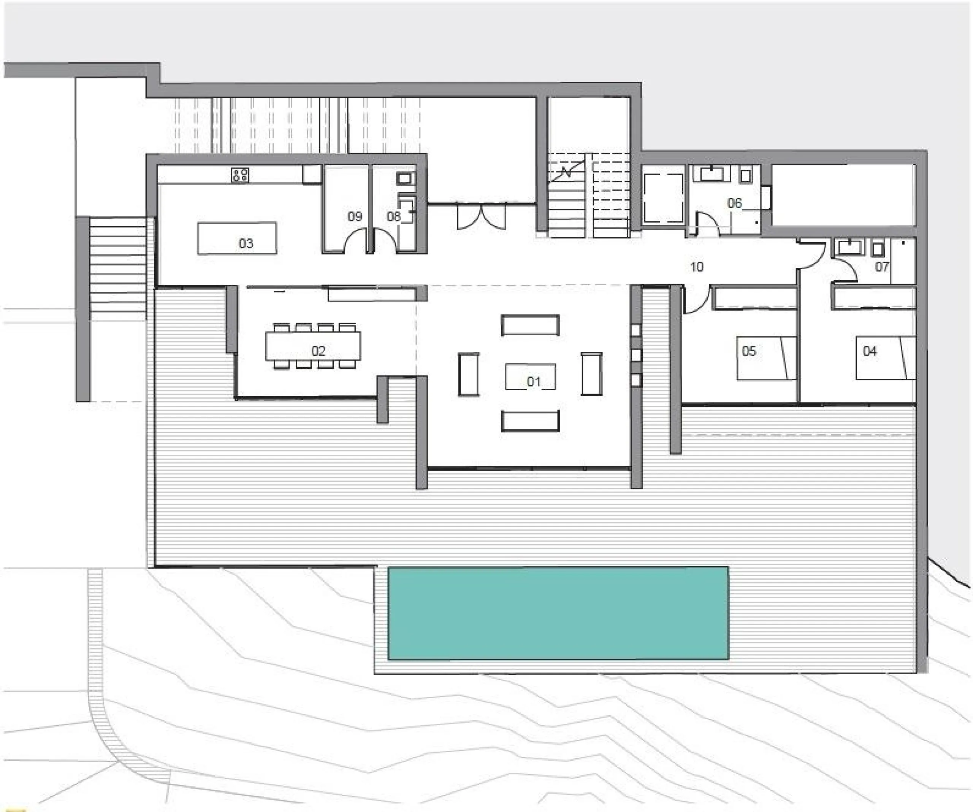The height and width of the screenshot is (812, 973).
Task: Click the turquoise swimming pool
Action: coord(558,613)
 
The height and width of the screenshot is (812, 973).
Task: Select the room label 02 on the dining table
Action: coord(318,351)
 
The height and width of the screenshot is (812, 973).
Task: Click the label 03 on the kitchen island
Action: coord(246,243)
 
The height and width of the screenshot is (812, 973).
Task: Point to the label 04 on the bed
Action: coord(870,351)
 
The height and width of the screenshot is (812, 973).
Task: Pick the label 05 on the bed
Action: coord(749,351)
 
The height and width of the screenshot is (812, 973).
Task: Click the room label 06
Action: coord(734,203)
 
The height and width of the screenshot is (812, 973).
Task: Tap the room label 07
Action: coord(882,267)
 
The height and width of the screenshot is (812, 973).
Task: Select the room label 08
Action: coord(393,216)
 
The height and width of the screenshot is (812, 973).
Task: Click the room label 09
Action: coord(355,216)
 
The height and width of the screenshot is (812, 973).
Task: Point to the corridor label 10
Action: coord(696,267)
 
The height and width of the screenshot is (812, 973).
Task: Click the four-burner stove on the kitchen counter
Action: coord(240,175)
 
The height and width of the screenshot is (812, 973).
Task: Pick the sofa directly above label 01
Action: coord(530,325)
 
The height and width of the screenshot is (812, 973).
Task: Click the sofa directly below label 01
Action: coord(530,421)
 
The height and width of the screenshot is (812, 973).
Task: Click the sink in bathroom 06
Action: coord(711,174)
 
